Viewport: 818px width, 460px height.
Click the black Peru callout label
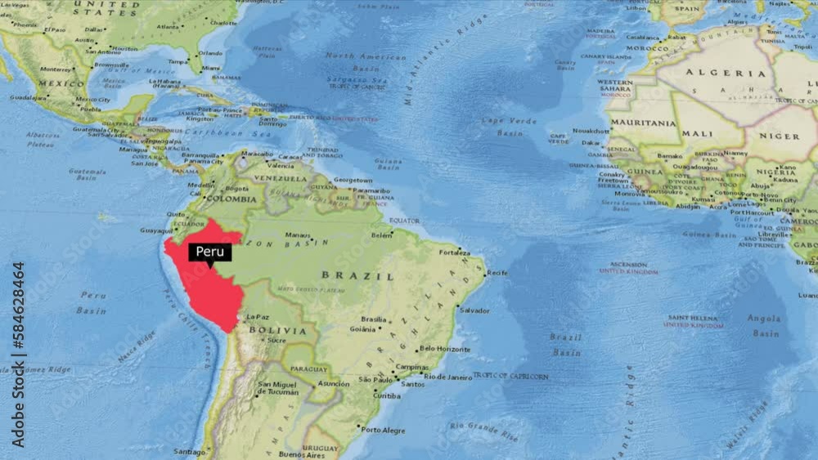210,252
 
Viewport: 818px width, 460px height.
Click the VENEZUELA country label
280,178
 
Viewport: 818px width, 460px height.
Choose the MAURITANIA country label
645,123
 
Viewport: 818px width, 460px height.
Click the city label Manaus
298,234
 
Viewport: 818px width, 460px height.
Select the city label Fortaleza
455,252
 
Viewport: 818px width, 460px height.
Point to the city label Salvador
474,310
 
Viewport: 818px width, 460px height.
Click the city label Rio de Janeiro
447,377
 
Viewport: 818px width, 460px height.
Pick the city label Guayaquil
156,231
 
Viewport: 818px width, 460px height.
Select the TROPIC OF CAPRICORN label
510,377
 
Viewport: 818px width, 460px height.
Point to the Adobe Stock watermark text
18,342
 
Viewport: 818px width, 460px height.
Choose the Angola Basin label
763,325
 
